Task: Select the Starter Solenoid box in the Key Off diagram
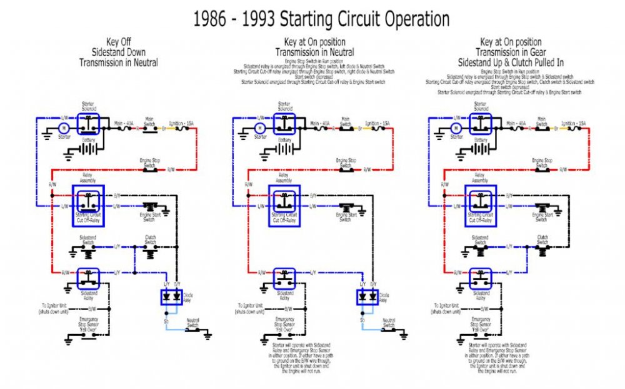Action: (88, 123)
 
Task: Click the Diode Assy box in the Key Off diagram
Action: (172, 296)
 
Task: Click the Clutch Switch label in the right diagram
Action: (542, 238)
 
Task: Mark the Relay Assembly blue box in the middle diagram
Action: (284, 201)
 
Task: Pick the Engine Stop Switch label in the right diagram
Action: (542, 162)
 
